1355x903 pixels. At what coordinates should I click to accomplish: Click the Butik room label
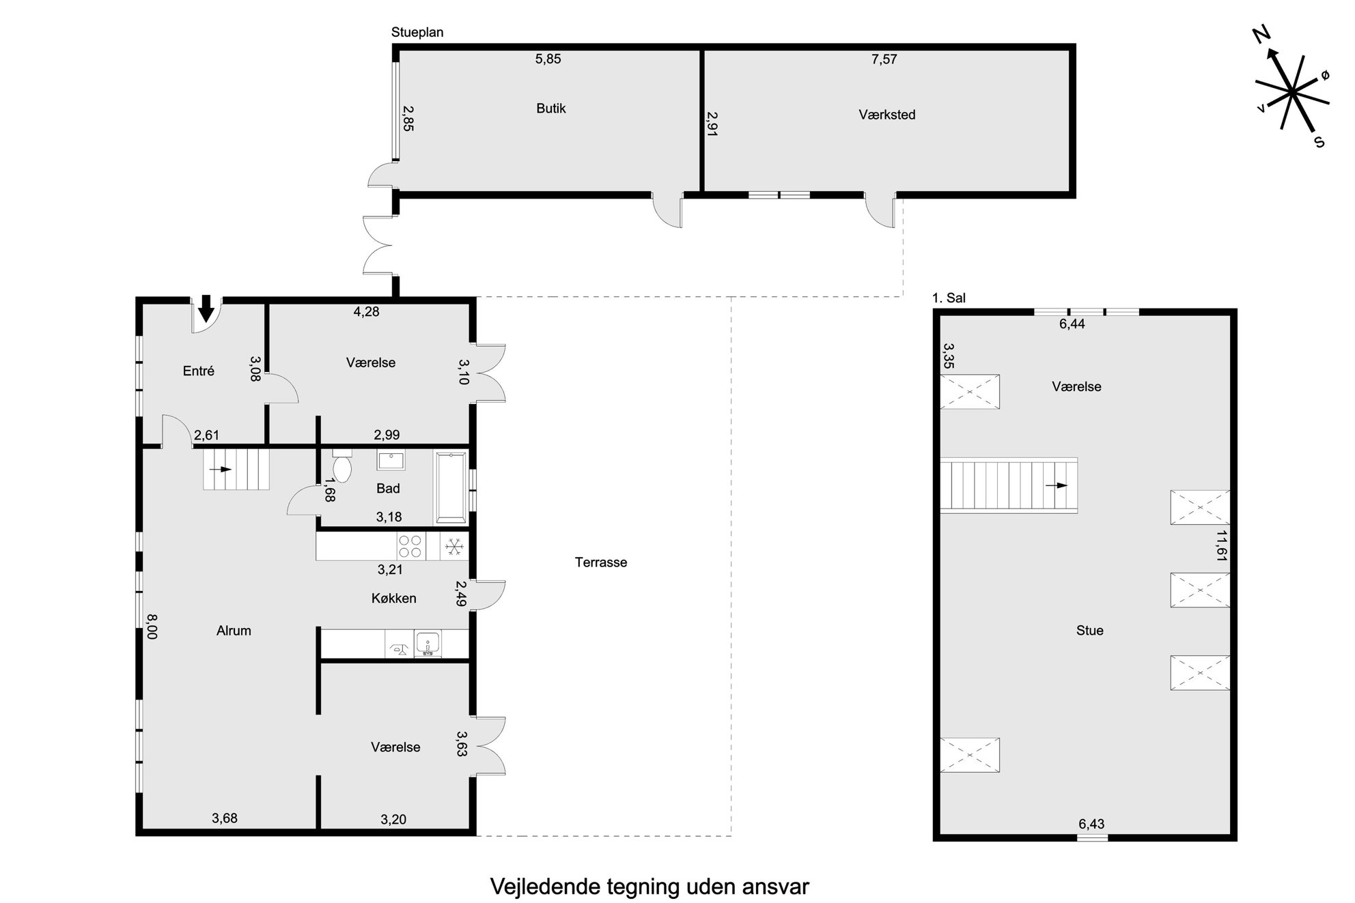click(x=550, y=108)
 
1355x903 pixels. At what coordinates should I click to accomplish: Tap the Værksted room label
click(x=886, y=115)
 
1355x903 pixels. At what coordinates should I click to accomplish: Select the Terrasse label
click(x=600, y=562)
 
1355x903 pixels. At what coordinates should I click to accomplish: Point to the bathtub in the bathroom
click(x=451, y=487)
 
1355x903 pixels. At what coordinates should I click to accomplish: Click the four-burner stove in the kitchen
click(x=410, y=547)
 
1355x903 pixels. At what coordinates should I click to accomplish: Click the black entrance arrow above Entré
click(x=206, y=309)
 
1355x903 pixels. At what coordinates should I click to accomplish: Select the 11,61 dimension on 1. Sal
click(x=1222, y=546)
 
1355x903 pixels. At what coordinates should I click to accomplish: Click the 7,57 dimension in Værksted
click(x=884, y=59)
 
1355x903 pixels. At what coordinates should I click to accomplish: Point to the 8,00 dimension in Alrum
click(x=152, y=626)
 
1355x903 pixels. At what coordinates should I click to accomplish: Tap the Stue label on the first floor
click(x=1089, y=631)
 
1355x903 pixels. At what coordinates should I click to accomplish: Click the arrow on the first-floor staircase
click(x=1057, y=485)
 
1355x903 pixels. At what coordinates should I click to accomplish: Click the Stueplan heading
click(x=417, y=32)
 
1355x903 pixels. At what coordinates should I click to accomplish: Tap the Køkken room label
click(x=393, y=598)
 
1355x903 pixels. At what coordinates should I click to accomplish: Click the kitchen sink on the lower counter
click(x=428, y=643)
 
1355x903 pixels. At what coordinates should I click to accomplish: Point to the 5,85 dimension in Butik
click(x=548, y=59)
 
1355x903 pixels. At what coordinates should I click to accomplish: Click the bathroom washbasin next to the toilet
click(x=391, y=460)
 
